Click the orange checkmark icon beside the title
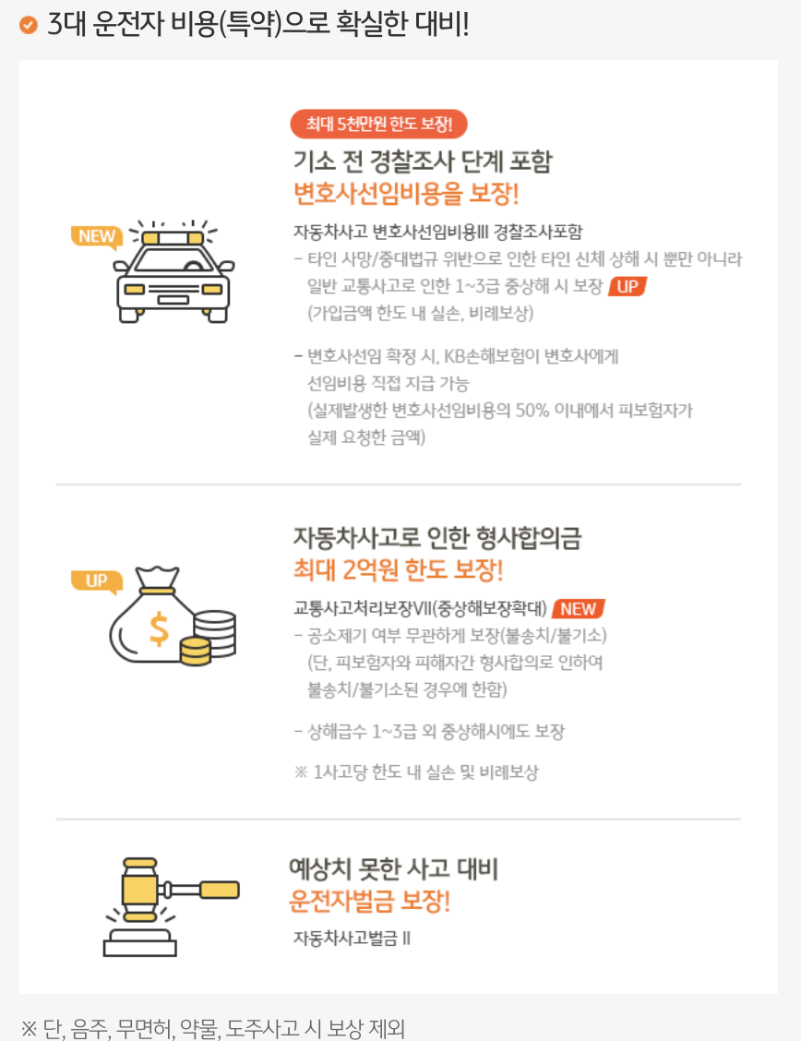29,25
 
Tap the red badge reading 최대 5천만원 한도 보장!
379,125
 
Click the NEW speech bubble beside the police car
97,237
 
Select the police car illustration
173,271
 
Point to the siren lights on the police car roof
173,238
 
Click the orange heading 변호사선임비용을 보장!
406,194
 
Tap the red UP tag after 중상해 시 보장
628,286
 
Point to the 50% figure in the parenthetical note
532,411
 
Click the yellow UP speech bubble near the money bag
97,582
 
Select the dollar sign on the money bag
159,628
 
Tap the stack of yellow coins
195,651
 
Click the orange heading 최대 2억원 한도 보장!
398,569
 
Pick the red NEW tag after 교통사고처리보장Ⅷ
578,609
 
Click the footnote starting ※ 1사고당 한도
417,772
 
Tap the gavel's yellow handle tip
220,889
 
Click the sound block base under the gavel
140,943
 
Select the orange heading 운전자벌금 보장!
370,901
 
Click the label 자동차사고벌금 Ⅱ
353,938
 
